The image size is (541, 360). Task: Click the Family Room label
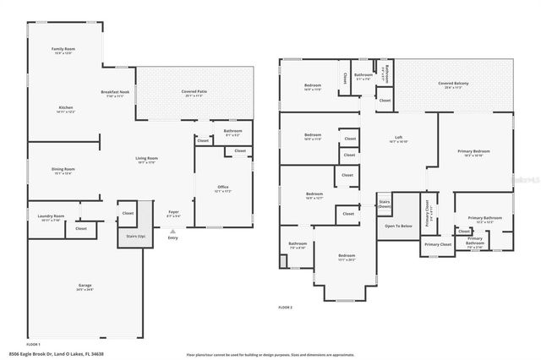pos(63,49)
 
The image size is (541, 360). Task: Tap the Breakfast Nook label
pos(114,93)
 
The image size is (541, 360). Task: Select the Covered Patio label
pos(195,90)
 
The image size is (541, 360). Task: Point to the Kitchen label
pos(66,108)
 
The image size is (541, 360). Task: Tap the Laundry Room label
pos(51,216)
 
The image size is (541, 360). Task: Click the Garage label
pos(85,286)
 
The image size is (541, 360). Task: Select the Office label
pos(222,188)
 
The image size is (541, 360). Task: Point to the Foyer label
pos(173,212)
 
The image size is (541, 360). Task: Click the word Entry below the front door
pos(173,238)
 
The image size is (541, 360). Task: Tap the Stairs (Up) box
pos(136,236)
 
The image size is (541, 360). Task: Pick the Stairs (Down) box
pos(384,204)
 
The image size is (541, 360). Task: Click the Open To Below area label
pos(397,226)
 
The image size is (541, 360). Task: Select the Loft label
pos(398,139)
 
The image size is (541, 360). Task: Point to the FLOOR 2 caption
pos(286,308)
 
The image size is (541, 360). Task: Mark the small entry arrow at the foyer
pos(173,231)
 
